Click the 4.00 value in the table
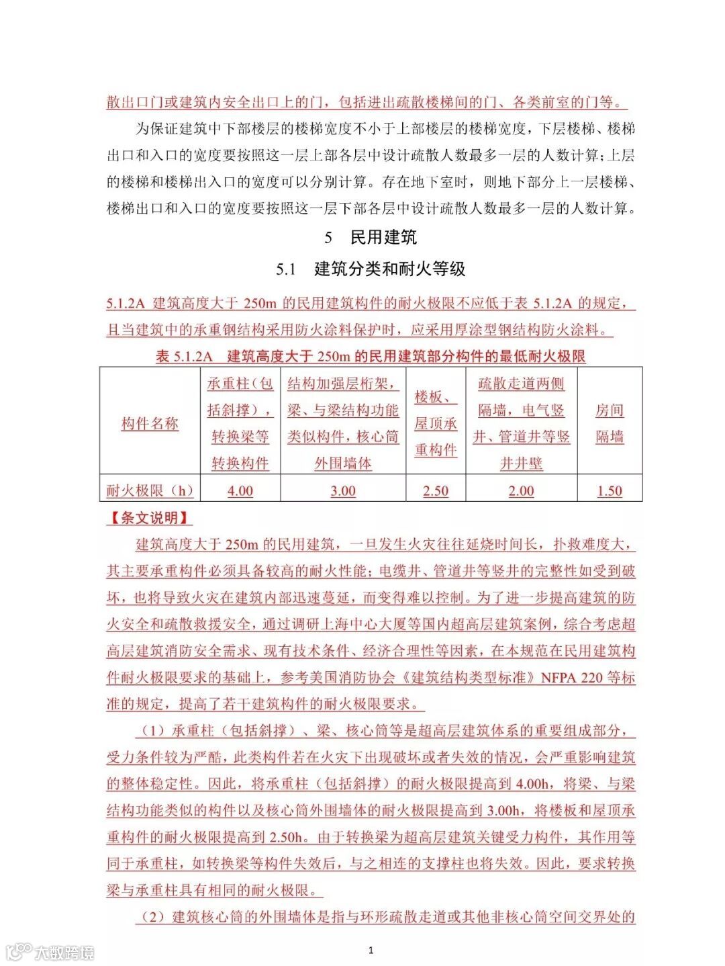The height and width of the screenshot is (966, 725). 240,491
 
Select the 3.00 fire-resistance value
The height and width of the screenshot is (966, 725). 343,491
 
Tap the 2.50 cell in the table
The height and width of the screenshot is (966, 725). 436,491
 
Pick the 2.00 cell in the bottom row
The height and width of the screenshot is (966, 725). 522,491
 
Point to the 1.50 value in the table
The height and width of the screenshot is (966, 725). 610,491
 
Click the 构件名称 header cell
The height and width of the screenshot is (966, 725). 150,423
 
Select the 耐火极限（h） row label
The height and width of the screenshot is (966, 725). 150,491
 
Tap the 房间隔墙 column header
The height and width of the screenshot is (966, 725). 610,423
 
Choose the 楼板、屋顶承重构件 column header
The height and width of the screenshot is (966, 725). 436,423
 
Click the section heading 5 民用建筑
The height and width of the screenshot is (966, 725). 371,237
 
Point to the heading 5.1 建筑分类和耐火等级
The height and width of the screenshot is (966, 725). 371,269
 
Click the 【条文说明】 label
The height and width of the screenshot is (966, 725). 149,518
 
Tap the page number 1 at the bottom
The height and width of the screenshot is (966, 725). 371,950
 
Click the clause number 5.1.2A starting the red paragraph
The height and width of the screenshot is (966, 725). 126,304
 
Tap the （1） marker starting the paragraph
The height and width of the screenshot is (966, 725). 152,731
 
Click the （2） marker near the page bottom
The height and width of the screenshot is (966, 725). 152,917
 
